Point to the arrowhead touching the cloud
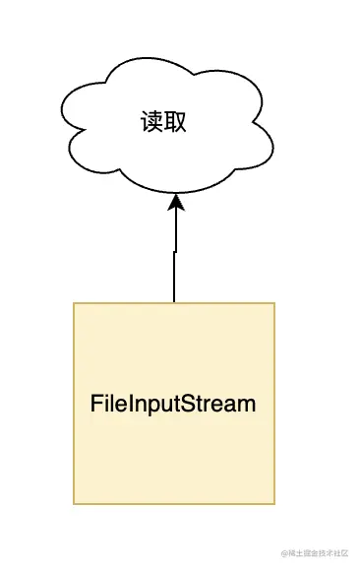176,202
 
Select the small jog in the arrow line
175,252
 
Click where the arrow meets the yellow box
174,302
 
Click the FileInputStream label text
173,404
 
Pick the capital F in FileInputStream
96,404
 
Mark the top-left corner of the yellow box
74,303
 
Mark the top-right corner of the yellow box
274,303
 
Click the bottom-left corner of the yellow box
74,504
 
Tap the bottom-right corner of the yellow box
274,504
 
